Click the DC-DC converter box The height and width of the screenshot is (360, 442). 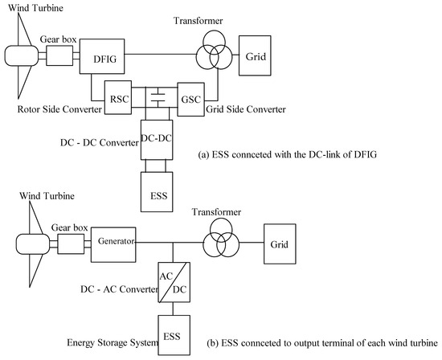tap(157, 138)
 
